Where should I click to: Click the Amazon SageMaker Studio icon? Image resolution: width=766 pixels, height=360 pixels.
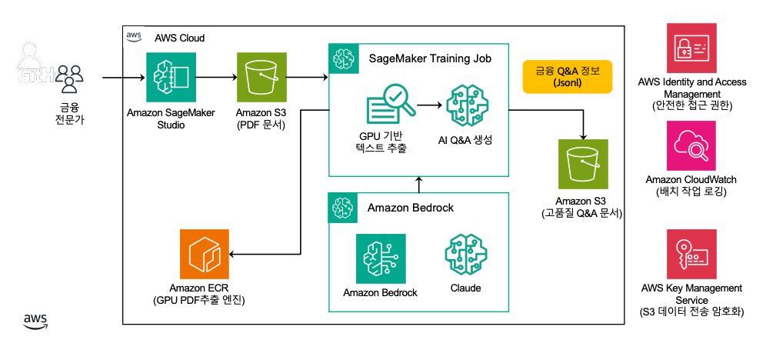point(172,77)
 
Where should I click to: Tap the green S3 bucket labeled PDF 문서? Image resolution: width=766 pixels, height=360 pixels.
point(261,77)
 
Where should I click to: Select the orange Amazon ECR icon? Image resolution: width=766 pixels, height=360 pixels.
point(204,254)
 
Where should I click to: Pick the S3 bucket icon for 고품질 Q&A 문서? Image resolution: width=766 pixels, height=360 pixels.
point(583,164)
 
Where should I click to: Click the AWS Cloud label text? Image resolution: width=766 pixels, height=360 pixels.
point(179,38)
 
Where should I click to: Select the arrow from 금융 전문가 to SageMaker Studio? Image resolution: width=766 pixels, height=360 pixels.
point(123,77)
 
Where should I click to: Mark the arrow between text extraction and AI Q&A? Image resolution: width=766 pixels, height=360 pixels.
point(429,105)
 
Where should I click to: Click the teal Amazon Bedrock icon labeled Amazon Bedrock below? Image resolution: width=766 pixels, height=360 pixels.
point(381,258)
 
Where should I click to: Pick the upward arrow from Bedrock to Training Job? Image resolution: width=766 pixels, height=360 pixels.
point(419,183)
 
